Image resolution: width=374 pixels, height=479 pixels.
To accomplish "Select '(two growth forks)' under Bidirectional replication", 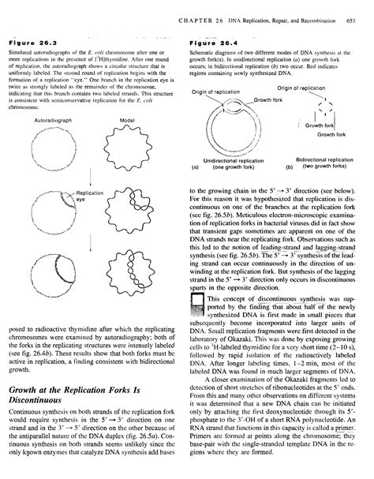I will pos(328,167).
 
